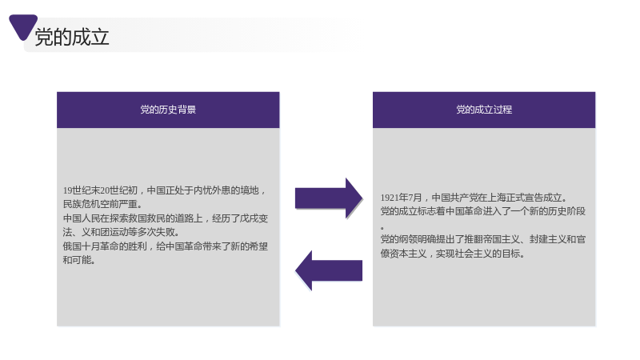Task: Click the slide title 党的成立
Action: point(72,37)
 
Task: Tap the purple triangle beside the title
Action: point(23,26)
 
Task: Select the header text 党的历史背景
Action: point(168,110)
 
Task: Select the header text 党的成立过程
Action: point(484,110)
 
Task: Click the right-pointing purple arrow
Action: point(329,198)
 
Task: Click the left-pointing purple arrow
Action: point(329,270)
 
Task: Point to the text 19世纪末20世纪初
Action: point(100,190)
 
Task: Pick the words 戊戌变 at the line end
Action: point(254,218)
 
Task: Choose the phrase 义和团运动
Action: point(105,232)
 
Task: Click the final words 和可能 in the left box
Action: point(77,260)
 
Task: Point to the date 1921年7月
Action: point(402,198)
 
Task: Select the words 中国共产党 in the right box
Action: point(454,198)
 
